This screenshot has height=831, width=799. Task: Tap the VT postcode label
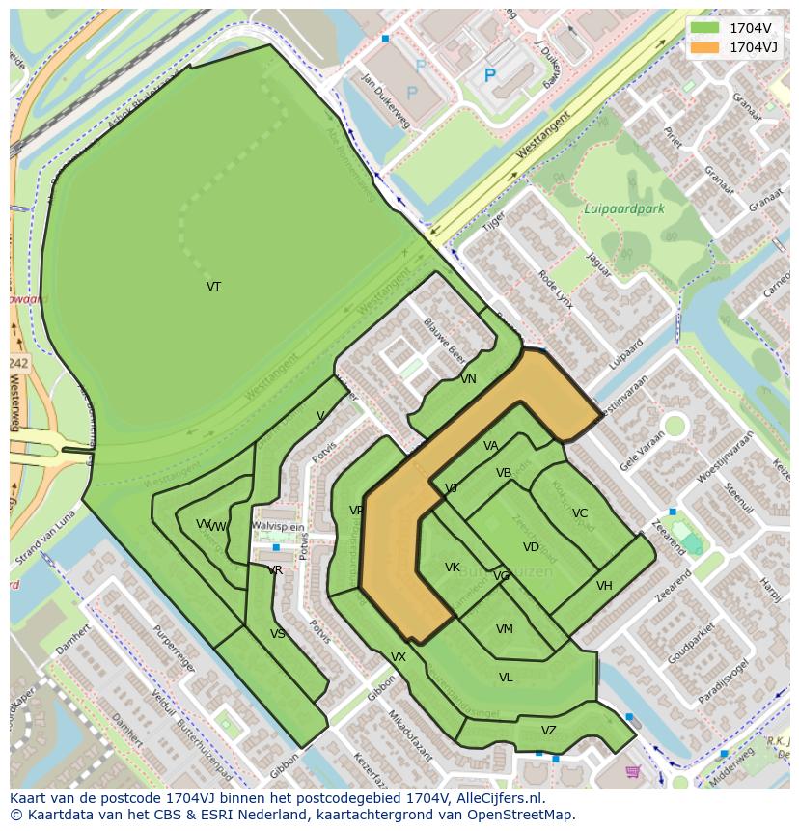pos(213,287)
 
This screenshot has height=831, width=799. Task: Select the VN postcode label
pos(468,379)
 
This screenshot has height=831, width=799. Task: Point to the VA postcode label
pos(491,446)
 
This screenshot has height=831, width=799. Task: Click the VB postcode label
pos(504,473)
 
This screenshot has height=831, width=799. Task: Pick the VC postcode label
pos(580,513)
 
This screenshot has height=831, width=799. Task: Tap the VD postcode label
pos(531,547)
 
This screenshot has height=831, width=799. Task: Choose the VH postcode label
pos(604,586)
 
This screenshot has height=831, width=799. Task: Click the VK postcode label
pos(453,568)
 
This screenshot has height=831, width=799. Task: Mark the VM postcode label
pos(505,629)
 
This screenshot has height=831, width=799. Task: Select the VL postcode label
pos(506,678)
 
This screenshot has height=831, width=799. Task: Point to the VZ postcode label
pos(549,731)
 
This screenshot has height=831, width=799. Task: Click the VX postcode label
pos(399,657)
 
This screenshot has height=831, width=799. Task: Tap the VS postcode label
pos(278,634)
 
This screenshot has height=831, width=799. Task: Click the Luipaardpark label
pos(624,208)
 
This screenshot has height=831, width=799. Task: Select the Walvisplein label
pos(278,526)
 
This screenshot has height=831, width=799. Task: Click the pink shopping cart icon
pos(633,771)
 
